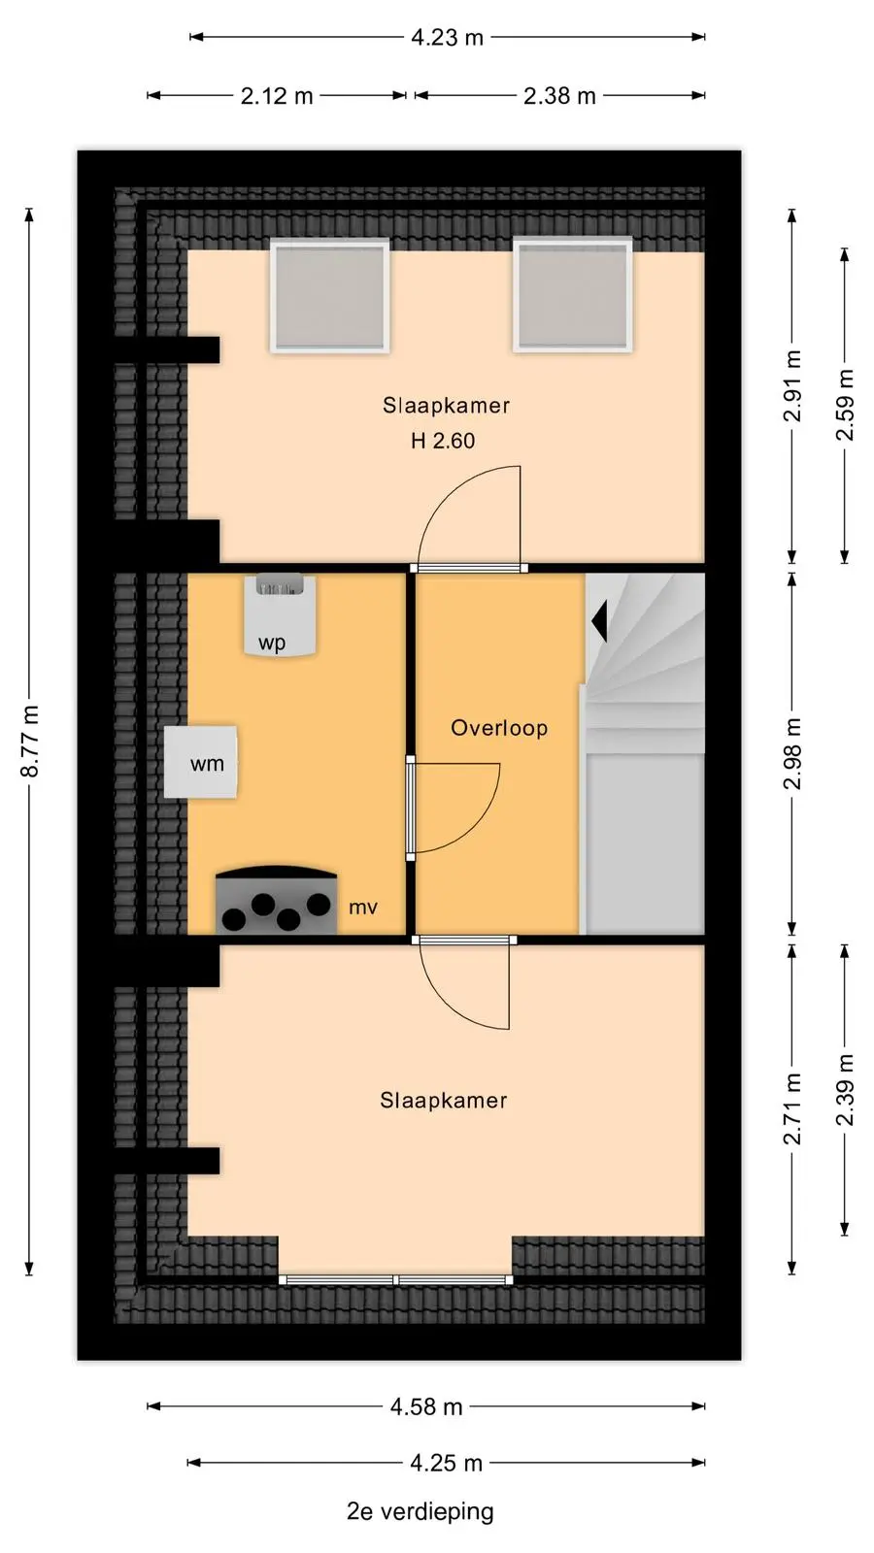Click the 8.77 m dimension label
click(x=30, y=741)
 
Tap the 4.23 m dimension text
click(x=447, y=37)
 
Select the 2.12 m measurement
click(x=277, y=96)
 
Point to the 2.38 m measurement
click(x=559, y=96)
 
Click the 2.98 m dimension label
click(x=792, y=753)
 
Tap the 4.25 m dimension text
click(x=446, y=1463)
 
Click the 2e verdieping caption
click(x=420, y=1511)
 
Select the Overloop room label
click(x=499, y=728)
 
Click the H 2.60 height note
click(x=443, y=441)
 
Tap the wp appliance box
click(x=280, y=614)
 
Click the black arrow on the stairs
click(x=599, y=621)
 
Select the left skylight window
click(x=329, y=296)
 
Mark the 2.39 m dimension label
click(x=845, y=1091)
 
